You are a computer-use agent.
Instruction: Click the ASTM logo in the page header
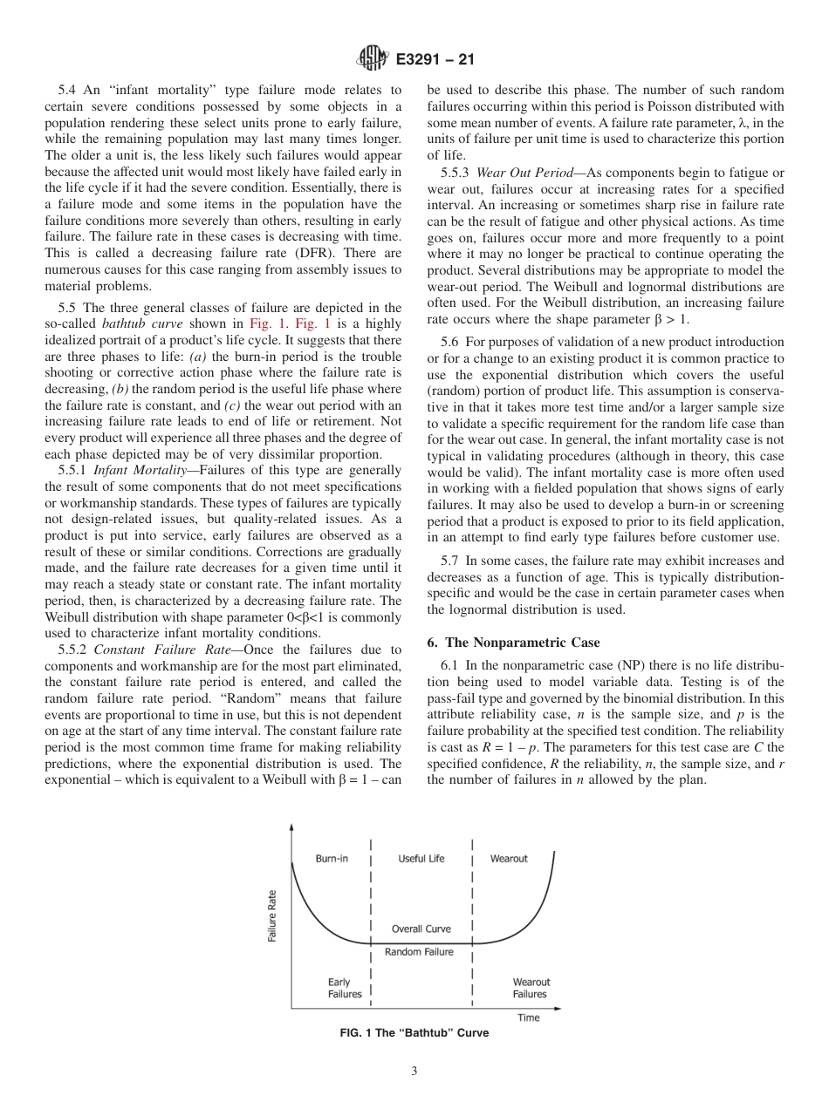pyautogui.click(x=373, y=60)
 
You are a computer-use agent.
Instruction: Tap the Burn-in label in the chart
pyautogui.click(x=332, y=859)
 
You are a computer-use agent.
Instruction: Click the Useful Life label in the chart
pyautogui.click(x=421, y=859)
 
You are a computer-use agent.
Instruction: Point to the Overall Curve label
pyautogui.click(x=421, y=929)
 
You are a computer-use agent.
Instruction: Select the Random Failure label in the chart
pyautogui.click(x=419, y=952)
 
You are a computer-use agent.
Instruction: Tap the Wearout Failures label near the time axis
pyautogui.click(x=531, y=988)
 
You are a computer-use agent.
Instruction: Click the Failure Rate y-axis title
pyautogui.click(x=272, y=915)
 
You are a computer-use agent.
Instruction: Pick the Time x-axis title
pyautogui.click(x=528, y=1017)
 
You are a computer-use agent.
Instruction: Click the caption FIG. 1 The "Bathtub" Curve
pyautogui.click(x=414, y=1033)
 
